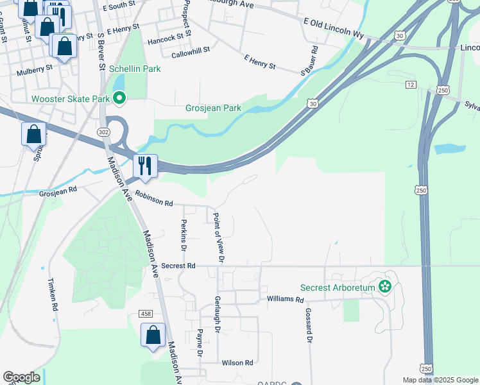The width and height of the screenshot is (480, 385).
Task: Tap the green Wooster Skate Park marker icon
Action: click(119, 98)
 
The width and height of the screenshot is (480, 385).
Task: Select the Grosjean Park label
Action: click(214, 108)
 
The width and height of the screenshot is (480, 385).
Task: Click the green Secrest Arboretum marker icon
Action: click(385, 287)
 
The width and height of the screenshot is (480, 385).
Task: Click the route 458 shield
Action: click(146, 312)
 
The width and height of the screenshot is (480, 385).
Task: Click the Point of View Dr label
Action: click(218, 237)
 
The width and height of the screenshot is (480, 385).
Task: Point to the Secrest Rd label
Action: click(178, 265)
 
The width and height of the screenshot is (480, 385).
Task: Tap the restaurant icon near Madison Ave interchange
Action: click(145, 166)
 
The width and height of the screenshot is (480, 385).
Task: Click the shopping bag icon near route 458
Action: click(153, 335)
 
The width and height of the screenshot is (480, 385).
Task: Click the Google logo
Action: click(21, 377)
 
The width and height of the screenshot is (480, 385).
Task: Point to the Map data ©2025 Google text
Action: click(440, 380)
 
